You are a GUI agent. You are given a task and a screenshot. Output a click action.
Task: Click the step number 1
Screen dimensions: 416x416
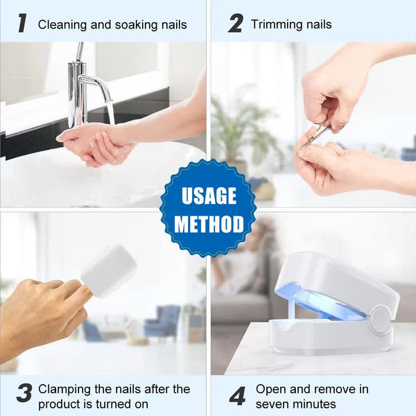pyautogui.click(x=22, y=24)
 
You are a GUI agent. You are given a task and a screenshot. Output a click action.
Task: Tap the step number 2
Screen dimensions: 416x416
pyautogui.click(x=236, y=24)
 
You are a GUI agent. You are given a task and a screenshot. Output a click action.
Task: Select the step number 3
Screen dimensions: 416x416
pyautogui.click(x=24, y=394)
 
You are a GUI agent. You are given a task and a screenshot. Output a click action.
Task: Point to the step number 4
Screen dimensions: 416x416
pyautogui.click(x=237, y=395)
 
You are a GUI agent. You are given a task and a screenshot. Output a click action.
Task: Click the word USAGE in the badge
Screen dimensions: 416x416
pyautogui.click(x=208, y=196)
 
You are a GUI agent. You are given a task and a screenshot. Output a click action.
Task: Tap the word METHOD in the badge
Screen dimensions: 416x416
pyautogui.click(x=209, y=224)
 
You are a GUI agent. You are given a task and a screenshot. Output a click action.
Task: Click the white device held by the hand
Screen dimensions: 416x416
pyautogui.click(x=109, y=270)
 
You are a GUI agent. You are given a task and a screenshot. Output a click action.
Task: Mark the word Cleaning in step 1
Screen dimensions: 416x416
pyautogui.click(x=62, y=25)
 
